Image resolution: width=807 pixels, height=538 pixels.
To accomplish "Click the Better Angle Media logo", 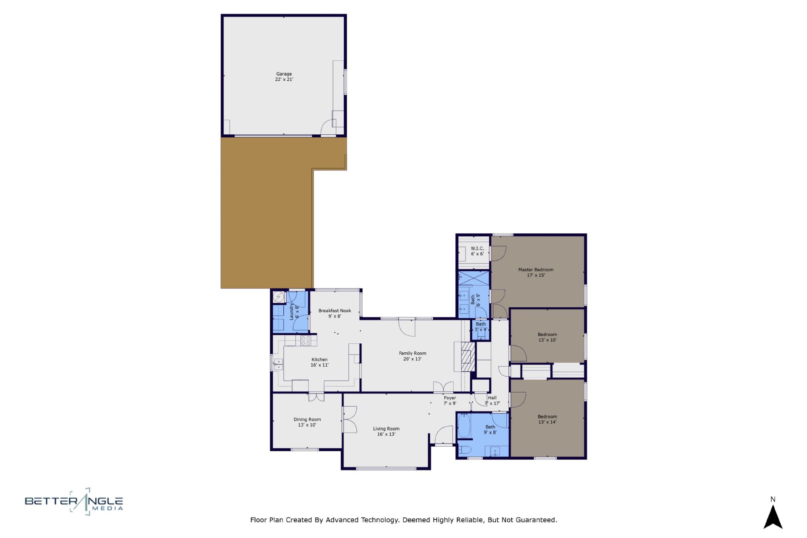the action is tap(74, 501).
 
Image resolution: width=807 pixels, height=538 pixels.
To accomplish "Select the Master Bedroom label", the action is tap(536, 269).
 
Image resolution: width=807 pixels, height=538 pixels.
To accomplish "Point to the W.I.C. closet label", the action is tap(477, 248).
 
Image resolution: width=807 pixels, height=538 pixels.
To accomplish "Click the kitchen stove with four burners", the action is tap(306, 340).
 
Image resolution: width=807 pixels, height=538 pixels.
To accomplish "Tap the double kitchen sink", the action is tap(279, 364).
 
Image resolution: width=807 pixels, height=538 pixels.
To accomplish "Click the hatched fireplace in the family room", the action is tap(468, 357).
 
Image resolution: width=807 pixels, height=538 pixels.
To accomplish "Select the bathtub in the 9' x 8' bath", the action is tap(464, 426).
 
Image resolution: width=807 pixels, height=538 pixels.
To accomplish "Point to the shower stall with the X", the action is tap(474, 279).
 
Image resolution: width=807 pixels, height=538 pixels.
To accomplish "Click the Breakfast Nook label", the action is tap(335, 311).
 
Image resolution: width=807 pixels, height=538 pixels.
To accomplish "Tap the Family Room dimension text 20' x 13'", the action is tap(412, 359).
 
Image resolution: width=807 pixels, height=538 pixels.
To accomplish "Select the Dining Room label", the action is tap(307, 419).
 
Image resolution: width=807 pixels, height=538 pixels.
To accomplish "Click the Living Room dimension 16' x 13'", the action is tap(386, 434).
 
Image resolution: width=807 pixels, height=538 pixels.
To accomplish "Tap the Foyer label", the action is tap(450, 398).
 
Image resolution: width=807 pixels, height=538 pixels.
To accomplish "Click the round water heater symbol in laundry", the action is tap(279, 297).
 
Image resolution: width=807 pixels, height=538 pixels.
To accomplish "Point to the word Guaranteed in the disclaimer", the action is tap(536, 520).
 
